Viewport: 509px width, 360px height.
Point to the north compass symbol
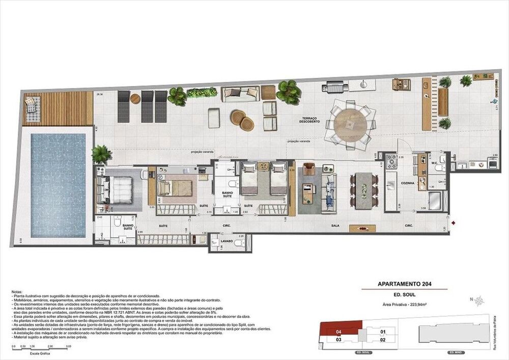coord(478,300)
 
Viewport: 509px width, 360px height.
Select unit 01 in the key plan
coord(383,331)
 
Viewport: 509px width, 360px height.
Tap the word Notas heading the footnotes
coord(16,292)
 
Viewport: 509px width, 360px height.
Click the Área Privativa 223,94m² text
coord(404,303)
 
